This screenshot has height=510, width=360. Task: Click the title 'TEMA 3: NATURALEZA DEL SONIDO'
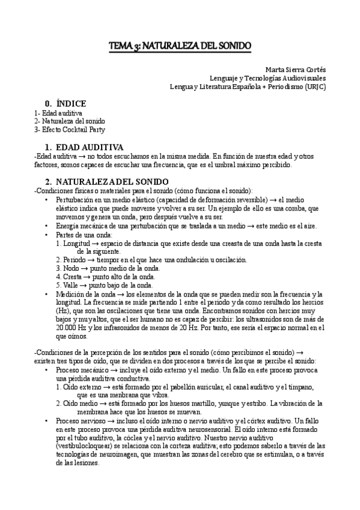(x=180, y=46)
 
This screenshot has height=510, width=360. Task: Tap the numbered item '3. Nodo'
(x=68, y=268)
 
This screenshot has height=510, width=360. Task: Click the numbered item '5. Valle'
(x=68, y=285)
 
